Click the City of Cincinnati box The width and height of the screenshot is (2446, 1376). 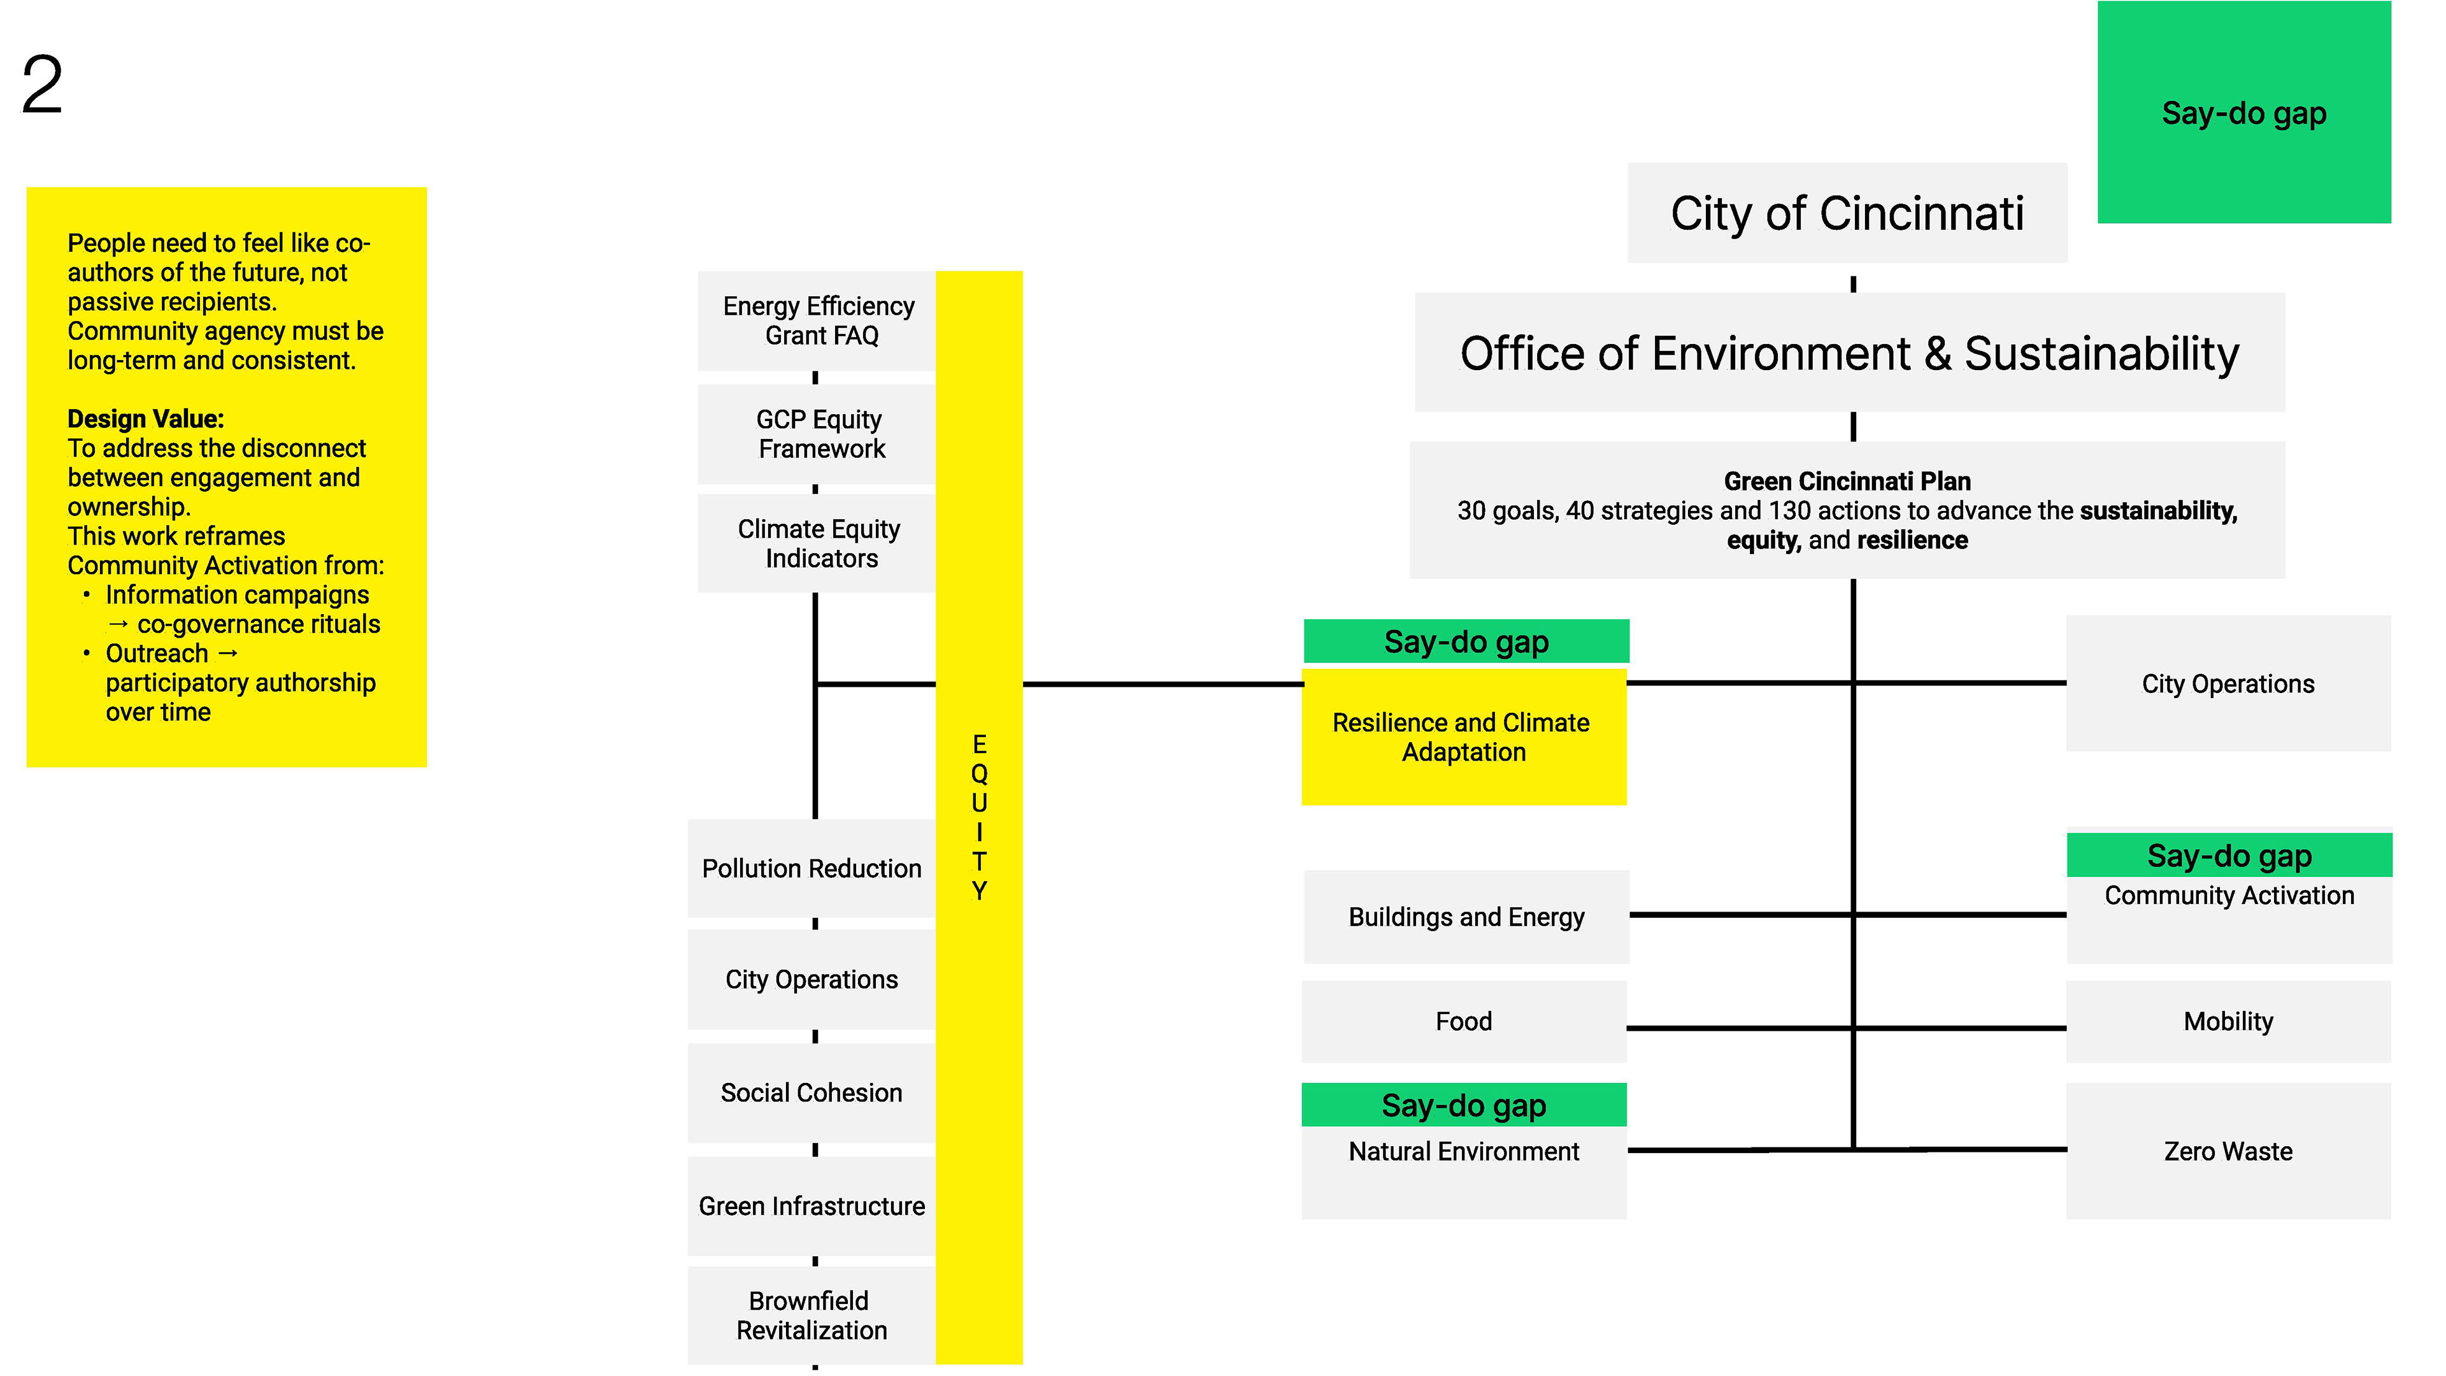click(1846, 213)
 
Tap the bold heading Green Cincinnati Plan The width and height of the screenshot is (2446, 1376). click(1847, 482)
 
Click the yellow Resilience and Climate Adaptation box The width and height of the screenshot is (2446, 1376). click(1463, 737)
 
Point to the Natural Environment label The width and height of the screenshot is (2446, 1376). click(1463, 1151)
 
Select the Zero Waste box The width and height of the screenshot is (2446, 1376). click(2228, 1151)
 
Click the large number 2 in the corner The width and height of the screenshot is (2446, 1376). click(43, 85)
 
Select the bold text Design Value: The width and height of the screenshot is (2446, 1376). click(145, 419)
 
